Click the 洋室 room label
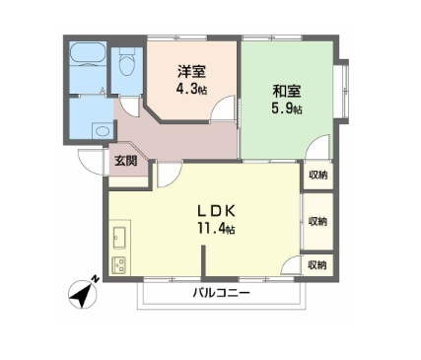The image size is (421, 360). click(x=191, y=72)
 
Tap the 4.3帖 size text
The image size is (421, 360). click(x=191, y=89)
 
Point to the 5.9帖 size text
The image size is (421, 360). click(x=287, y=108)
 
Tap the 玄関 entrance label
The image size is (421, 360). click(x=125, y=162)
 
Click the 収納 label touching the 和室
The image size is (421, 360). click(x=317, y=175)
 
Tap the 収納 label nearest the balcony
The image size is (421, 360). click(x=317, y=264)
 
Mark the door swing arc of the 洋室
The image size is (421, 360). click(x=226, y=110)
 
